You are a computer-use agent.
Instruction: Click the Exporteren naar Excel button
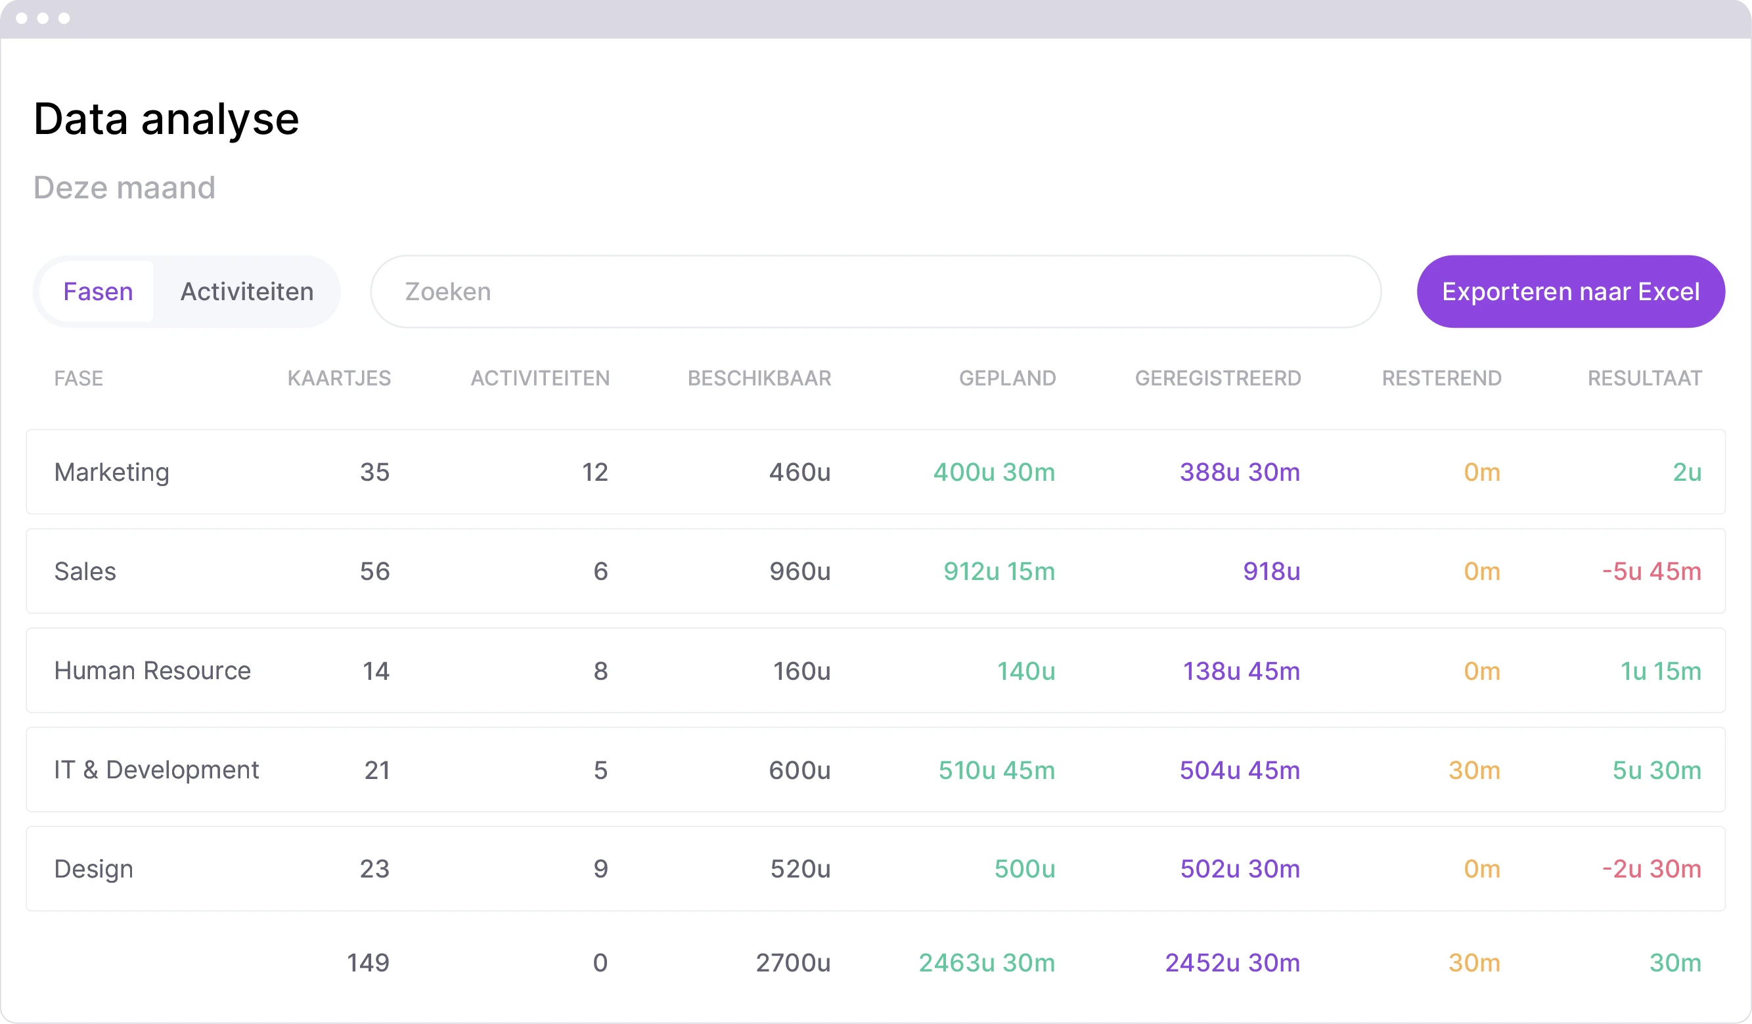[1570, 291]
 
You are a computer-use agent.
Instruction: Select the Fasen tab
[98, 291]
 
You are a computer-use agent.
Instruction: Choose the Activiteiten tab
[247, 291]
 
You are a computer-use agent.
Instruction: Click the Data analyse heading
[166, 119]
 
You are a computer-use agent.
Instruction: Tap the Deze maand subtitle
[124, 188]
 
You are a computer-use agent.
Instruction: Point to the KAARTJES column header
[339, 378]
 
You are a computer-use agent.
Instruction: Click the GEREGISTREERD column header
[1217, 378]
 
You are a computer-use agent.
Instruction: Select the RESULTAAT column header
[1644, 378]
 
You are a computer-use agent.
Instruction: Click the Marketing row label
[112, 472]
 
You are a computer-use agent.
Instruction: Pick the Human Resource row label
[152, 671]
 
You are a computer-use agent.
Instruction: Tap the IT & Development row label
[156, 770]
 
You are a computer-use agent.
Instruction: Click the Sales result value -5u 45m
[1651, 571]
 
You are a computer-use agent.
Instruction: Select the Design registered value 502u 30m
[1240, 869]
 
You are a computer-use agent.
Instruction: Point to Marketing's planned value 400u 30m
[993, 472]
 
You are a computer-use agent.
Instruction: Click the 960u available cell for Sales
[799, 571]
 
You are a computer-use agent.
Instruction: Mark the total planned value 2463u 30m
[987, 963]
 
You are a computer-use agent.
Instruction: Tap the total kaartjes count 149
[368, 963]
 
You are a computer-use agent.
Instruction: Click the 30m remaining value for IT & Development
[1474, 770]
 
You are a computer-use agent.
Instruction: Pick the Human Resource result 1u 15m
[1660, 671]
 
